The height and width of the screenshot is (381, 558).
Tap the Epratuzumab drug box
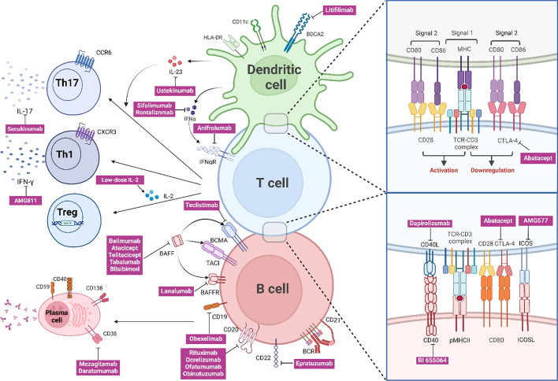tap(313, 364)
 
